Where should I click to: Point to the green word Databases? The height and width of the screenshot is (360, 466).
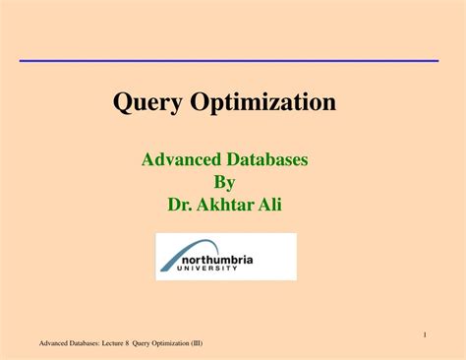[272, 159]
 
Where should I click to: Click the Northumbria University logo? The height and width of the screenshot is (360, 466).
[225, 256]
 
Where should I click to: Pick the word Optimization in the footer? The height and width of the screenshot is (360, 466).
[180, 343]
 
